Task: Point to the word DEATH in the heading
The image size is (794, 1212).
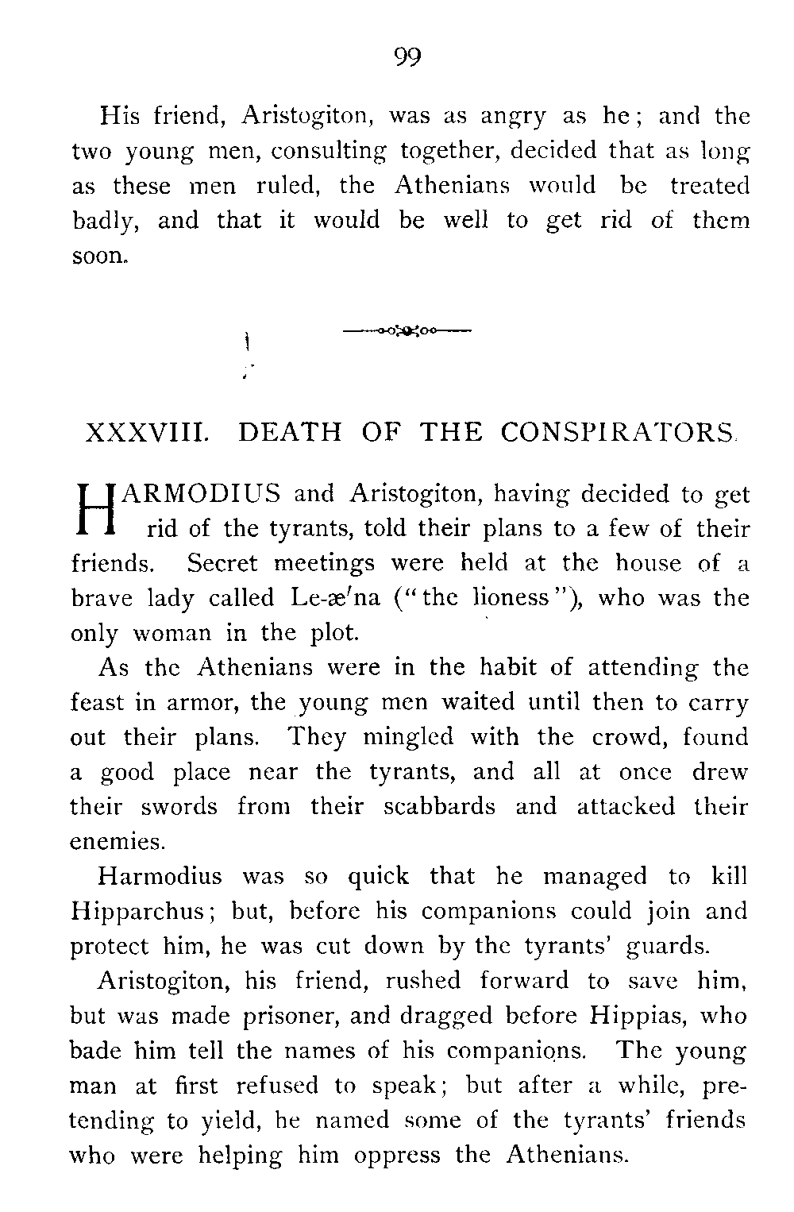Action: click(x=290, y=433)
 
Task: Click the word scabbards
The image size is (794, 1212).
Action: click(x=439, y=807)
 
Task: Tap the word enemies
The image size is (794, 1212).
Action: click(x=117, y=841)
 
